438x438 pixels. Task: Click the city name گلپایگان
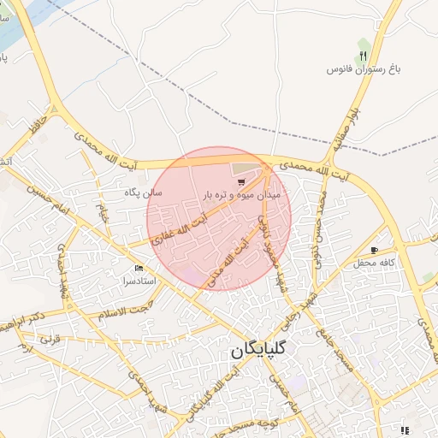click(259, 351)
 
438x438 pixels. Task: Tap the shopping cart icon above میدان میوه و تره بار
click(242, 181)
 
